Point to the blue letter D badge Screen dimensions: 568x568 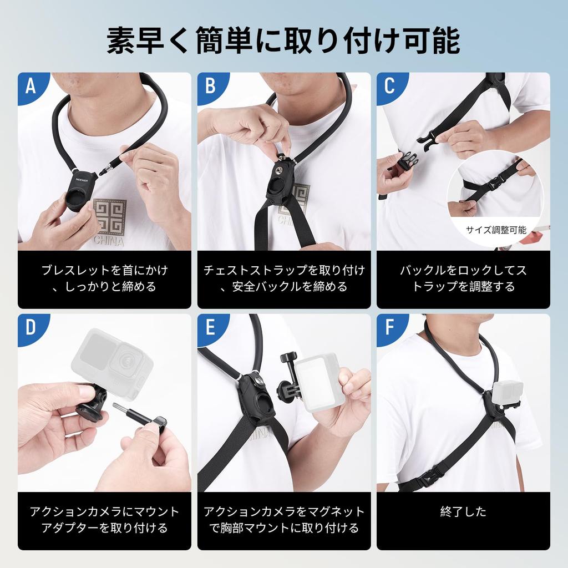click(x=31, y=327)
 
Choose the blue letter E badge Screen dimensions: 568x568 click(x=210, y=327)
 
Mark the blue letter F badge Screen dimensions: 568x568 click(x=389, y=327)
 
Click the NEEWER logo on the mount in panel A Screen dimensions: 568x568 click(x=82, y=180)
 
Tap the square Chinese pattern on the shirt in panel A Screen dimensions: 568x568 click(x=110, y=217)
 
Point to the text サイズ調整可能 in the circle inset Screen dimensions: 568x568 click(x=495, y=230)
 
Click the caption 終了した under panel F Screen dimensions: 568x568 click(x=463, y=511)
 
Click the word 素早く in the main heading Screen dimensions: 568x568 click(x=149, y=40)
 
